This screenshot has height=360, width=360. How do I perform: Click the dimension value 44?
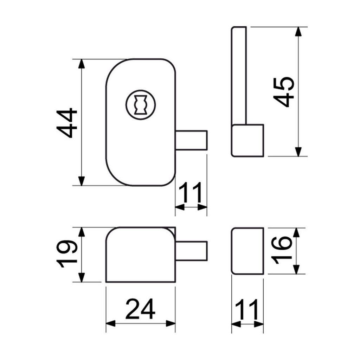(67, 123)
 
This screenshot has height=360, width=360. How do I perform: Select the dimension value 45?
(284, 92)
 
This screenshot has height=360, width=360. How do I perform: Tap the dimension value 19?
(67, 254)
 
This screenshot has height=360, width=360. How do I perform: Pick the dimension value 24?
(140, 309)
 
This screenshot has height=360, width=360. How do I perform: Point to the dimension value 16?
(282, 250)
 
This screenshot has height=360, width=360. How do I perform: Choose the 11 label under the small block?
(247, 309)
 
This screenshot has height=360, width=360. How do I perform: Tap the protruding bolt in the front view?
(192, 140)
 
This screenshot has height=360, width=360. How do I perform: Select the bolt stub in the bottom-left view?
(192, 251)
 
